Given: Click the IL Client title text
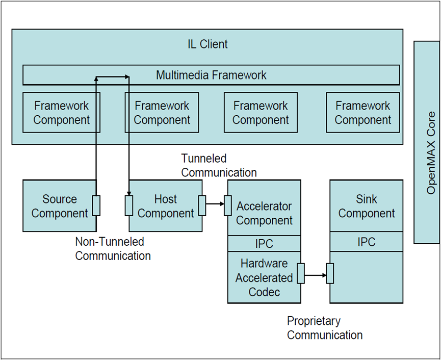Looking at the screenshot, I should (207, 44).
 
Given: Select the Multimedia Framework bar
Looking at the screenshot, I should (211, 75).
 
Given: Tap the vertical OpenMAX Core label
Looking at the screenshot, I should (431, 152).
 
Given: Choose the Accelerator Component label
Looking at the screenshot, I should (264, 213).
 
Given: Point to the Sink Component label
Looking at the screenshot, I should (366, 206).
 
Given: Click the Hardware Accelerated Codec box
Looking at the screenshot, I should (264, 278).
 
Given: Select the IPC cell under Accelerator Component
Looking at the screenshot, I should (264, 244).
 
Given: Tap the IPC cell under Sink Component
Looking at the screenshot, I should (366, 242).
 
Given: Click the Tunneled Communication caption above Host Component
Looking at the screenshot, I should (219, 166).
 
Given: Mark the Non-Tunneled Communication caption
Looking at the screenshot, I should (113, 249).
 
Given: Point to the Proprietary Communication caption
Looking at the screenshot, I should (324, 328).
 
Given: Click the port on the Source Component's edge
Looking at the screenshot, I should (96, 205).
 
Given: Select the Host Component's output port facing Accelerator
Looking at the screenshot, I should (202, 205).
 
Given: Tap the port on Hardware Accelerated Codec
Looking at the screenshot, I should (300, 273).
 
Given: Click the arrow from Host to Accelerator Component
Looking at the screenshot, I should (215, 204).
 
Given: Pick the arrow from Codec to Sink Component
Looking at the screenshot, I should (316, 275).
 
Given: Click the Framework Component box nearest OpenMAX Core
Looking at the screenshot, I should (363, 113).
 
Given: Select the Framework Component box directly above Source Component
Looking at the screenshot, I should (62, 113).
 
